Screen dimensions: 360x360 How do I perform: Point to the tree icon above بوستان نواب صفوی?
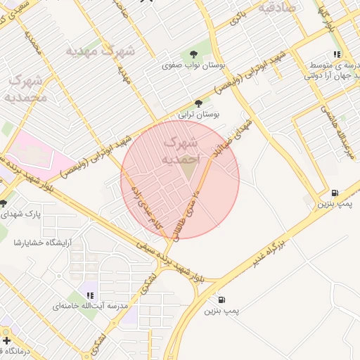click(x=193, y=55)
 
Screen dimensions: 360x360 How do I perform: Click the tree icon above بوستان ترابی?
click(x=198, y=103)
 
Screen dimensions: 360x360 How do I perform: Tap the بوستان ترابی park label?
click(x=198, y=113)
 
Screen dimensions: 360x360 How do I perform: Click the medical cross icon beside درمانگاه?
click(x=6, y=340)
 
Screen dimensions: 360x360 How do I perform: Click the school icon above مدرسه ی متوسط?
click(x=337, y=53)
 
